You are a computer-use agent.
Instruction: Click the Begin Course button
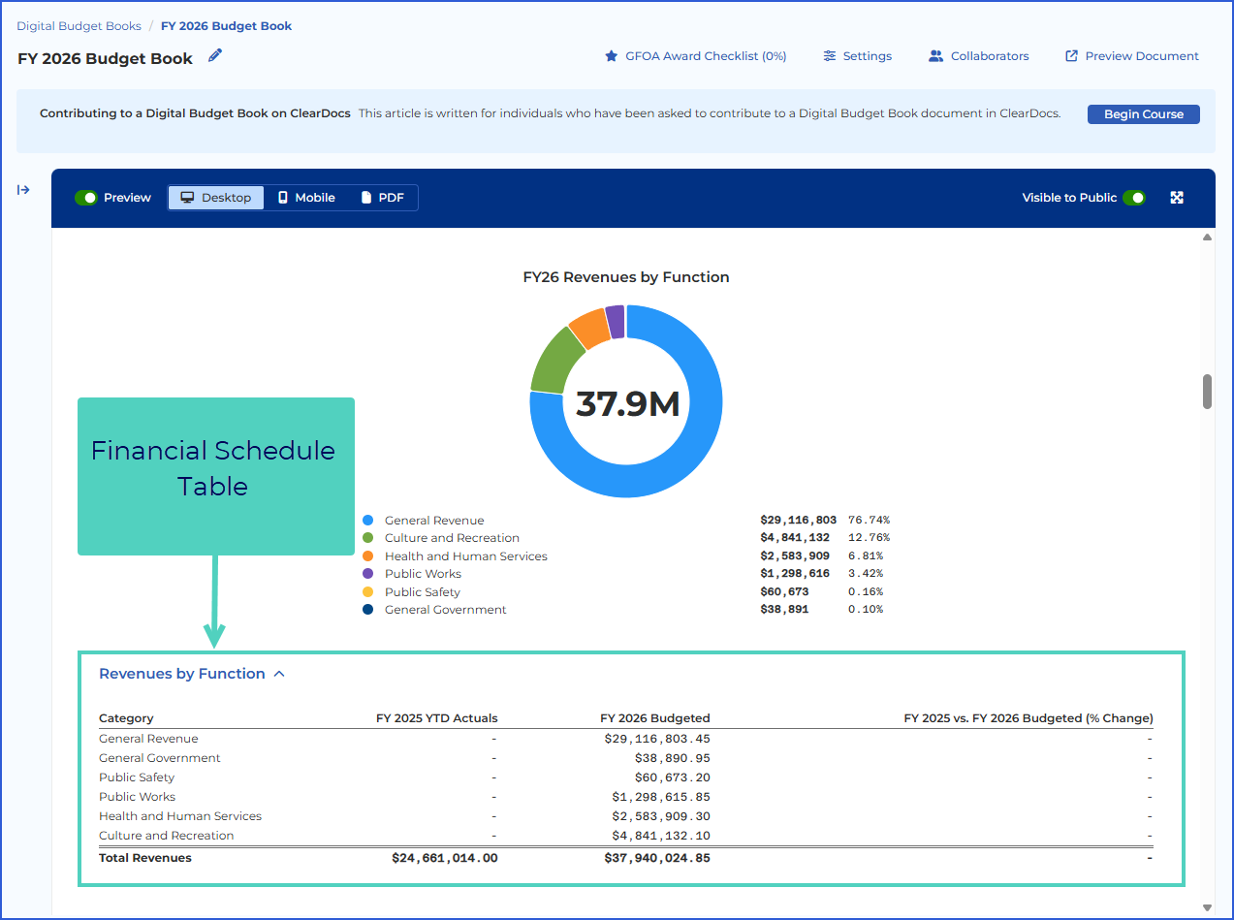pyautogui.click(x=1143, y=114)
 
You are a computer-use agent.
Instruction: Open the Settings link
pyautogui.click(x=857, y=56)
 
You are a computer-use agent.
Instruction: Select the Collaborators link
pyautogui.click(x=978, y=56)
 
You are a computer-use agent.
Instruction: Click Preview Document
pyautogui.click(x=1131, y=56)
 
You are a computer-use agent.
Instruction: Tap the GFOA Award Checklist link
pyautogui.click(x=695, y=56)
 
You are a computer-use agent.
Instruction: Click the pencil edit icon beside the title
pyautogui.click(x=215, y=55)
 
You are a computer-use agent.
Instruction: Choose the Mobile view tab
pyautogui.click(x=306, y=198)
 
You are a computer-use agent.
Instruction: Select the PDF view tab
pyautogui.click(x=382, y=198)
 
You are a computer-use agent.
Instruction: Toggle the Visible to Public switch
pyautogui.click(x=1134, y=198)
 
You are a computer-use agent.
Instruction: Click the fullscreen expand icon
pyautogui.click(x=1177, y=198)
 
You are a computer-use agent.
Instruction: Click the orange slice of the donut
pyautogui.click(x=590, y=329)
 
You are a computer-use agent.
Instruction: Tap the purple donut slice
pyautogui.click(x=617, y=322)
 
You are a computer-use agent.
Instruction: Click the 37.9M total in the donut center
pyautogui.click(x=627, y=403)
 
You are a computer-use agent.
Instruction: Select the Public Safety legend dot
pyautogui.click(x=368, y=591)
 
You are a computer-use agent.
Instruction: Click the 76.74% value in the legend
pyautogui.click(x=869, y=520)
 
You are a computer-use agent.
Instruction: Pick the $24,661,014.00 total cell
pyautogui.click(x=445, y=858)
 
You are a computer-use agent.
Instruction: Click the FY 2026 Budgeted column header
pyautogui.click(x=655, y=718)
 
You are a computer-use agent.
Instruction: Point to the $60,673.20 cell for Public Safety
pyautogui.click(x=673, y=777)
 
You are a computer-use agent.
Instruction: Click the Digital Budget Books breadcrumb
pyautogui.click(x=79, y=26)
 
